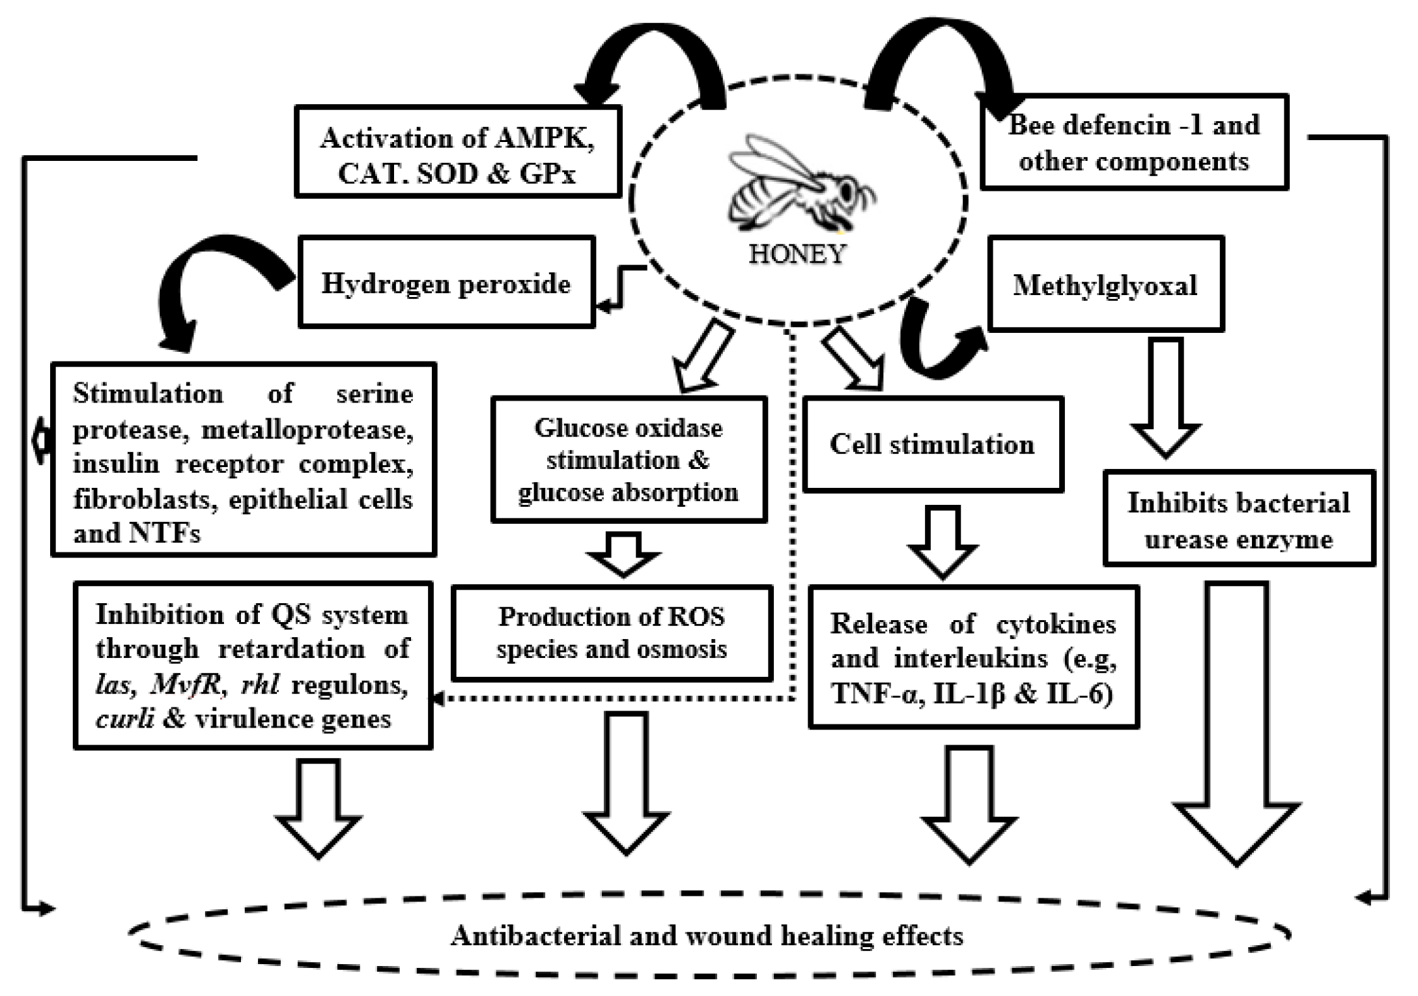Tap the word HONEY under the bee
pyautogui.click(x=797, y=254)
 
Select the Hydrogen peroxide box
pyautogui.click(x=446, y=282)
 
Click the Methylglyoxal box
pyautogui.click(x=1105, y=285)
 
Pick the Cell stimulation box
pyautogui.click(x=932, y=444)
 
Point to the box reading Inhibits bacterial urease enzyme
pyautogui.click(x=1238, y=519)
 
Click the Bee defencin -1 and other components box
pyautogui.click(x=1134, y=143)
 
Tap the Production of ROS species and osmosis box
pyautogui.click(x=612, y=633)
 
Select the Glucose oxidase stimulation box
pyautogui.click(x=629, y=460)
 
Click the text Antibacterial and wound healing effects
pyautogui.click(x=707, y=936)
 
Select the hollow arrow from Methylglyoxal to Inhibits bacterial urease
pyautogui.click(x=1165, y=397)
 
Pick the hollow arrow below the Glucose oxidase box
pyautogui.click(x=623, y=554)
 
